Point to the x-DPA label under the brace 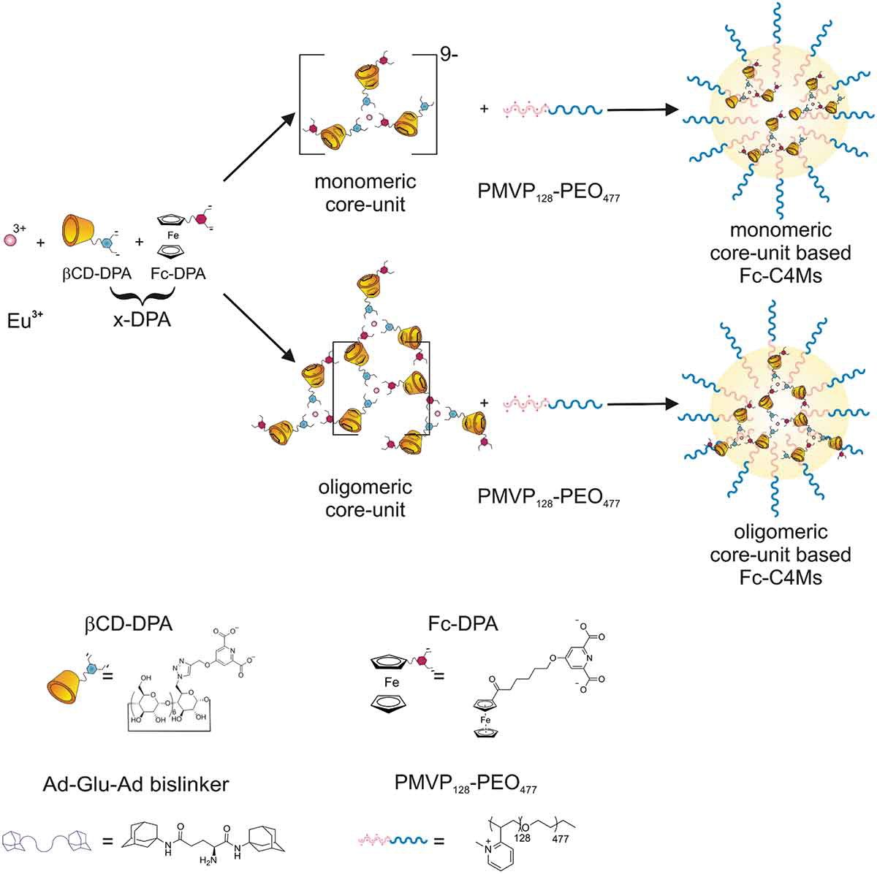(143, 319)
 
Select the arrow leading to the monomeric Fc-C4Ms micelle (639, 110)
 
